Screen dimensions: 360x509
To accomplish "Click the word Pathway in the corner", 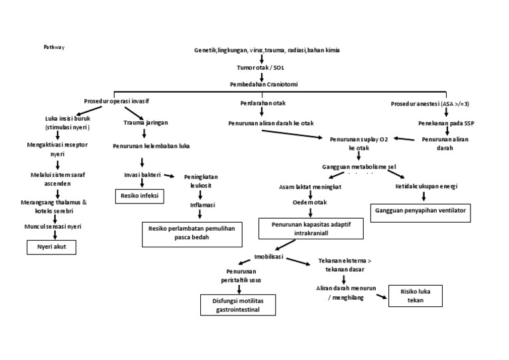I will (x=54, y=48).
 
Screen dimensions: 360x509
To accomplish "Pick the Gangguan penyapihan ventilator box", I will (x=420, y=210).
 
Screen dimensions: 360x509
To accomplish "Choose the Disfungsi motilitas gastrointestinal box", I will (x=239, y=305).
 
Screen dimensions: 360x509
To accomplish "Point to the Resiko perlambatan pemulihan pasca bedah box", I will (x=192, y=232).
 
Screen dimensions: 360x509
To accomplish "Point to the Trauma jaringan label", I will (x=144, y=123).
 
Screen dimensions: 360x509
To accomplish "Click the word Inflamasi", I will (x=200, y=205).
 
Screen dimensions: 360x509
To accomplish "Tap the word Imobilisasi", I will (x=270, y=255).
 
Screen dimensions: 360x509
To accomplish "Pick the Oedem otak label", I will (x=310, y=201).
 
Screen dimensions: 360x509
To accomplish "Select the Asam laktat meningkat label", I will (x=310, y=187).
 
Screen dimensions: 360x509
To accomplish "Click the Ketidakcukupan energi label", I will (x=426, y=186).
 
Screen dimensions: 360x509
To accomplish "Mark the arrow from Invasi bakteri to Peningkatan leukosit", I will (x=170, y=176).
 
